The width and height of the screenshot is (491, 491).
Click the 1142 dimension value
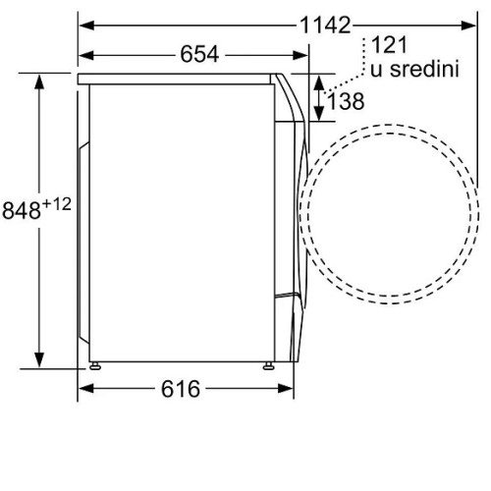(325, 26)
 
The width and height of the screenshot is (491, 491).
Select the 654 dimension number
(199, 54)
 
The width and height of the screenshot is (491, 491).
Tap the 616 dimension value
(181, 389)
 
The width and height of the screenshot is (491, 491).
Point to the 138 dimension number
(346, 101)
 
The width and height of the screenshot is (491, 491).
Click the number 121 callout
(389, 45)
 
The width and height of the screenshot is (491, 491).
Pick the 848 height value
(22, 210)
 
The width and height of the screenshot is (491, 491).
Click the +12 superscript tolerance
(57, 204)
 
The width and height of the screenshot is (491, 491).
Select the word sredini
(425, 69)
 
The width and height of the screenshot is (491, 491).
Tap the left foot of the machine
(94, 365)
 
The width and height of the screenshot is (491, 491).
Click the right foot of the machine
(268, 365)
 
